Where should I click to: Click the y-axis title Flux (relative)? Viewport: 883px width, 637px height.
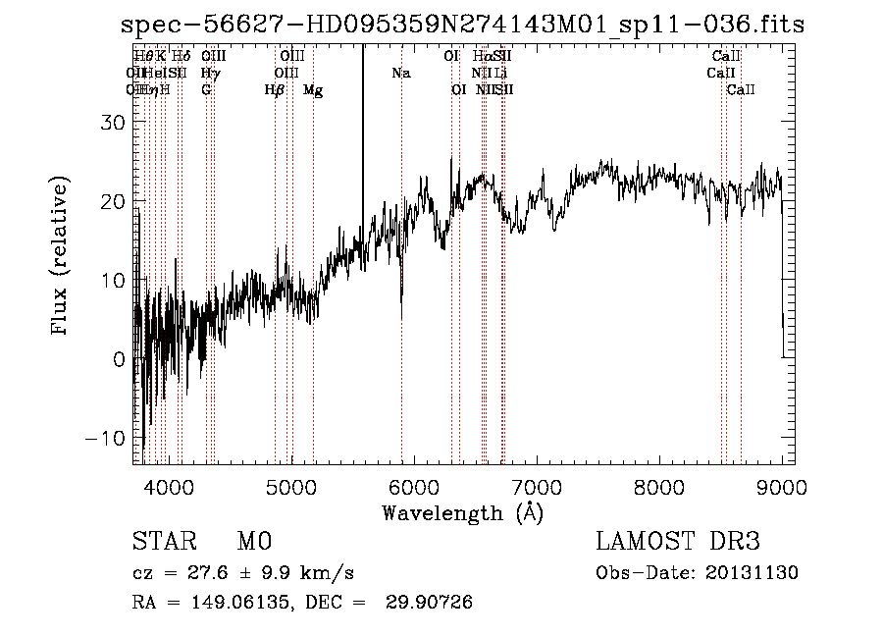(x=61, y=257)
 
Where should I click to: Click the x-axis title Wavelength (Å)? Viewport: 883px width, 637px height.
(x=462, y=512)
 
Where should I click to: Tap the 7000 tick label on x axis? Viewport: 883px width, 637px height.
(x=536, y=486)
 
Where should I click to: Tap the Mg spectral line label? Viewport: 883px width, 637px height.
(x=313, y=90)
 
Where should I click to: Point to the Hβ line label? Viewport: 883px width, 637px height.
(x=275, y=90)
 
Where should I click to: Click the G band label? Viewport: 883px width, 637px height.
(x=206, y=90)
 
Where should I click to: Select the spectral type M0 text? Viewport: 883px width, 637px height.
(x=253, y=542)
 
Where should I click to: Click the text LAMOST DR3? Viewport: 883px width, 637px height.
(x=678, y=542)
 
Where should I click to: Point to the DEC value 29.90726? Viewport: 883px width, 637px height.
(x=432, y=603)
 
